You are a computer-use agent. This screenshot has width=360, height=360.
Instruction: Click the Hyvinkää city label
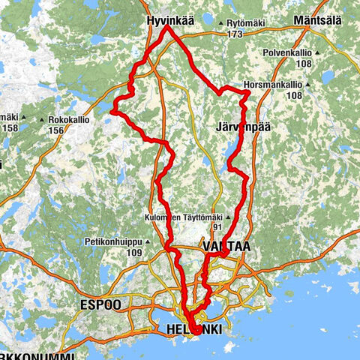coord(168,22)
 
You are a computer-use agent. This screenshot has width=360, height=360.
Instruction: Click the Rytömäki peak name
coord(250,23)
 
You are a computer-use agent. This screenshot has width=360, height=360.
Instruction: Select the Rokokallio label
coord(69,119)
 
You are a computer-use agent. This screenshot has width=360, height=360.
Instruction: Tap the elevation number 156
coord(55,130)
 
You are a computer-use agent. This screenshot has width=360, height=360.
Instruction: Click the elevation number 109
coord(133,252)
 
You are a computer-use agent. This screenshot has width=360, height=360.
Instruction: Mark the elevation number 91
coord(217,228)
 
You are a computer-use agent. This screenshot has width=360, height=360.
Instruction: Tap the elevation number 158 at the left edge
coord(9,128)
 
